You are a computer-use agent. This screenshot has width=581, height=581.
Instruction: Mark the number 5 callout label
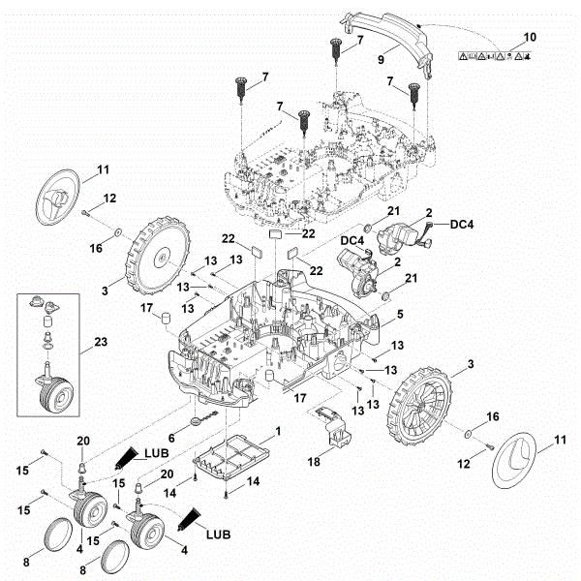400,316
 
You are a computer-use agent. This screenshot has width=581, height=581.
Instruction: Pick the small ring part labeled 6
198,420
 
